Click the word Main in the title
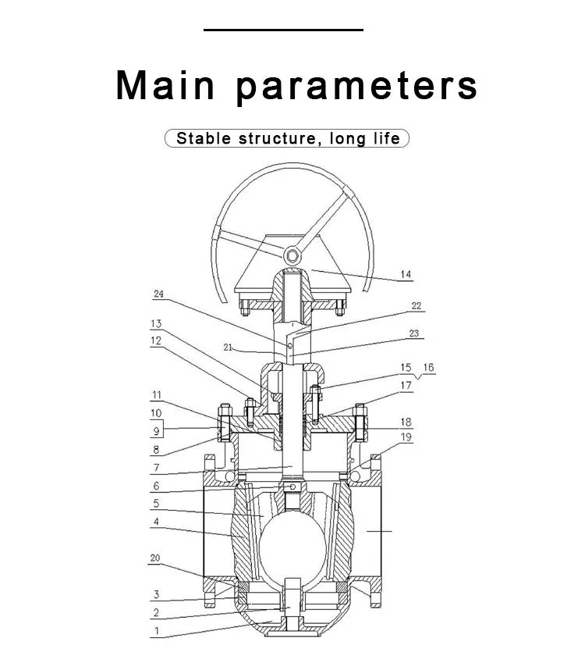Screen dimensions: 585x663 point(165,85)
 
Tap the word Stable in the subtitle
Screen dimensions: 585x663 point(204,138)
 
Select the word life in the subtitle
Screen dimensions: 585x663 point(386,138)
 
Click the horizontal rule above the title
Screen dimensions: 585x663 point(283,30)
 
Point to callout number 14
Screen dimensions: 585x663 point(406,274)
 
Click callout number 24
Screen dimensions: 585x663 point(158,294)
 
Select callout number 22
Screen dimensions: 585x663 point(416,305)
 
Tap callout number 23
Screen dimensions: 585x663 point(414,333)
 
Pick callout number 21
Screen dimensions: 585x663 point(228,348)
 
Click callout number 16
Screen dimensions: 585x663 point(428,368)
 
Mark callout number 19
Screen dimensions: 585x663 point(406,437)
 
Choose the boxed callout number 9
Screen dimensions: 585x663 point(156,431)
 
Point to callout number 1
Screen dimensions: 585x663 point(157,631)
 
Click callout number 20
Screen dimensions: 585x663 point(155,558)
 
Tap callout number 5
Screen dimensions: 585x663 point(156,503)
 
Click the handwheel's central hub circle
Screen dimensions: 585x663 point(292,255)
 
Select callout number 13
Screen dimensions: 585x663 point(156,323)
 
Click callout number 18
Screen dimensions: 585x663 point(406,422)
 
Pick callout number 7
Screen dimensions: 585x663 point(156,468)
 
